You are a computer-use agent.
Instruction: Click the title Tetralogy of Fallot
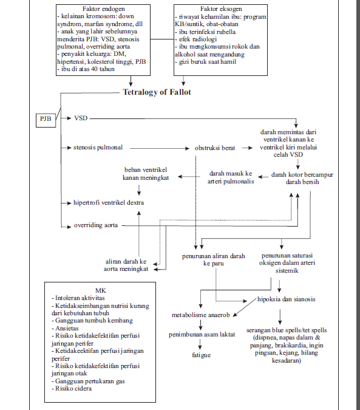pos(157,92)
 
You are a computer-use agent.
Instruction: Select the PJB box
pos(46,119)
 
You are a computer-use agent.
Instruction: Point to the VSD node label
pos(81,118)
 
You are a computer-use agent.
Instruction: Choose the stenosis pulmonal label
pos(99,148)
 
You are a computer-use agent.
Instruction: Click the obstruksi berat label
pos(214,148)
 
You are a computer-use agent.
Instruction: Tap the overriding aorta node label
pos(96,225)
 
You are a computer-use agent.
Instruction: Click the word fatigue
pos(202,354)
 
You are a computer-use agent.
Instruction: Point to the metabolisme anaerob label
pos(200,316)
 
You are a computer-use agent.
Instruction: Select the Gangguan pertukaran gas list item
pos(90,381)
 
